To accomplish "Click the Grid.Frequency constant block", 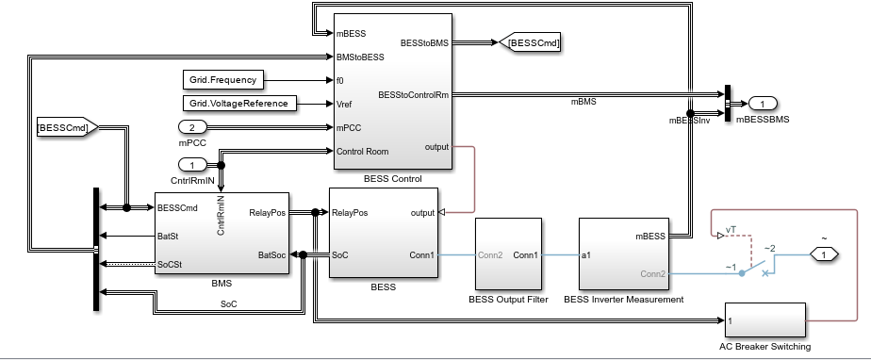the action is (x=222, y=80).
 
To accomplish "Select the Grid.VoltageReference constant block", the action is (x=238, y=104).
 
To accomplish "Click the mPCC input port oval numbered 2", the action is (x=192, y=127).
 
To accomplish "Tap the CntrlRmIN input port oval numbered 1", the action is (x=192, y=165).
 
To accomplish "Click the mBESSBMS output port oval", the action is (x=763, y=104).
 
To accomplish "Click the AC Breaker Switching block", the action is (x=764, y=320).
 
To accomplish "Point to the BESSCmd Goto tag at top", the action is (x=530, y=42).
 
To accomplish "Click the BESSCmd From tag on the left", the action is (x=67, y=127).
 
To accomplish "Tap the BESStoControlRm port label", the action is (x=413, y=95).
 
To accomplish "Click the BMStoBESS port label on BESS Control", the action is (x=360, y=57).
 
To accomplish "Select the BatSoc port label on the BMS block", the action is (x=272, y=255).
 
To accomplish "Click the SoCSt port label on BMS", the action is (x=170, y=265).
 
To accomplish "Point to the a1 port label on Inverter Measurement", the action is (x=586, y=255).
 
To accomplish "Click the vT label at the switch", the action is (x=731, y=230).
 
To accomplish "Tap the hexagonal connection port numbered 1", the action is (x=824, y=255).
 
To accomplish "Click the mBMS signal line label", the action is (x=583, y=102).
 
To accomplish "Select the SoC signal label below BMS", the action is (x=229, y=304).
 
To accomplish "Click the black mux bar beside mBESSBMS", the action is (x=728, y=105).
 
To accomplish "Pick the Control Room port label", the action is (x=363, y=152).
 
